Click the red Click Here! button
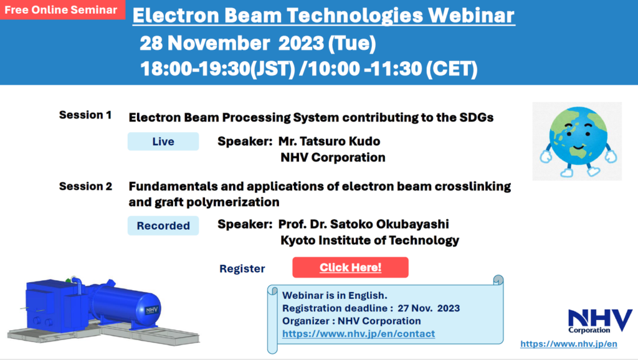pyautogui.click(x=350, y=267)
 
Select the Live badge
pyautogui.click(x=163, y=141)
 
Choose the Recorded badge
pyautogui.click(x=163, y=225)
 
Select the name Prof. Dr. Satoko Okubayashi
pyautogui.click(x=364, y=224)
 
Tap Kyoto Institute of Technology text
pyautogui.click(x=369, y=240)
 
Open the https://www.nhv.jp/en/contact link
pyautogui.click(x=358, y=334)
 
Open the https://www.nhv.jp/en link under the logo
pyautogui.click(x=568, y=344)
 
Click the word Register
pyautogui.click(x=242, y=269)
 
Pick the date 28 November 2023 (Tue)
pyautogui.click(x=257, y=44)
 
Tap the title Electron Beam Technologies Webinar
pyautogui.click(x=324, y=16)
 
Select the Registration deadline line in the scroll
pyautogui.click(x=371, y=308)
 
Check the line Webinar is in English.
pyautogui.click(x=335, y=295)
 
